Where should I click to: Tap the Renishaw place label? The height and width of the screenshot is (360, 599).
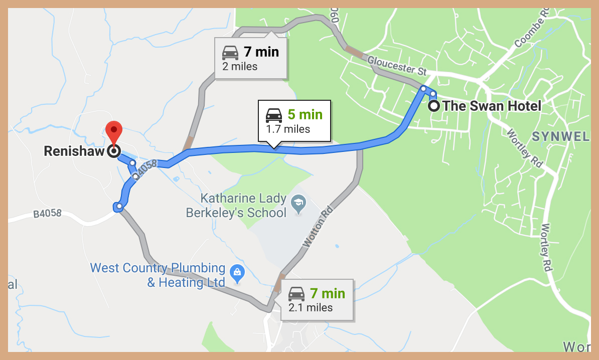[75, 151]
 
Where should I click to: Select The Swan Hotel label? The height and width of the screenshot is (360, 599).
[492, 106]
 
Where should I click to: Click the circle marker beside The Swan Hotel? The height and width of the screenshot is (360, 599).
[434, 106]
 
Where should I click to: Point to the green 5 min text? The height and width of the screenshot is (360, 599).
[305, 115]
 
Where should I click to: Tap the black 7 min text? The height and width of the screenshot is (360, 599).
[261, 52]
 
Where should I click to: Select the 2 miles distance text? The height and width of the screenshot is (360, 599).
[239, 66]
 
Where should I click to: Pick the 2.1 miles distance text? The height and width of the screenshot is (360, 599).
[311, 307]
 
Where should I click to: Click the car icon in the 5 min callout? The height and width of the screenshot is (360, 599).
[273, 115]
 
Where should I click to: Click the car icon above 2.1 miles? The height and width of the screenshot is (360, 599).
[296, 293]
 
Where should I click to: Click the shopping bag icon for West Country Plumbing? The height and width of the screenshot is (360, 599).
[236, 273]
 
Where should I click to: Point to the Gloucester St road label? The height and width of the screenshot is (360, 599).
[397, 66]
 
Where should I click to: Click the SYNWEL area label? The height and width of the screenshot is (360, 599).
[560, 136]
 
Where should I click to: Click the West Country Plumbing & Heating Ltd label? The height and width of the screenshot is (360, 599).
[158, 275]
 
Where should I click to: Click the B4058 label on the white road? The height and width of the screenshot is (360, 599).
[47, 214]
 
